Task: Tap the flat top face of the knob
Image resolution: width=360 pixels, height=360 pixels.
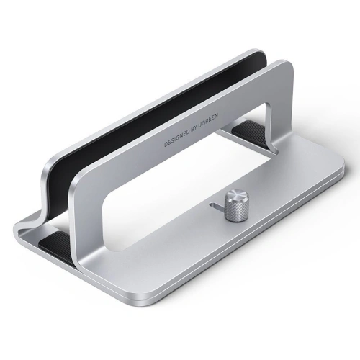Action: [235, 195]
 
